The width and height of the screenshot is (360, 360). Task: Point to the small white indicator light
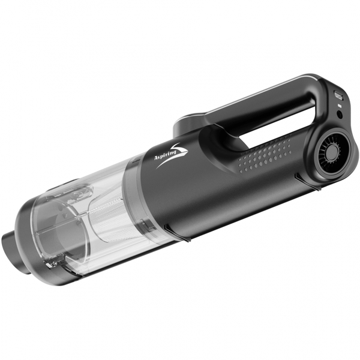coord(339,106)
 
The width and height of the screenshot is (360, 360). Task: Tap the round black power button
coord(340,115)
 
